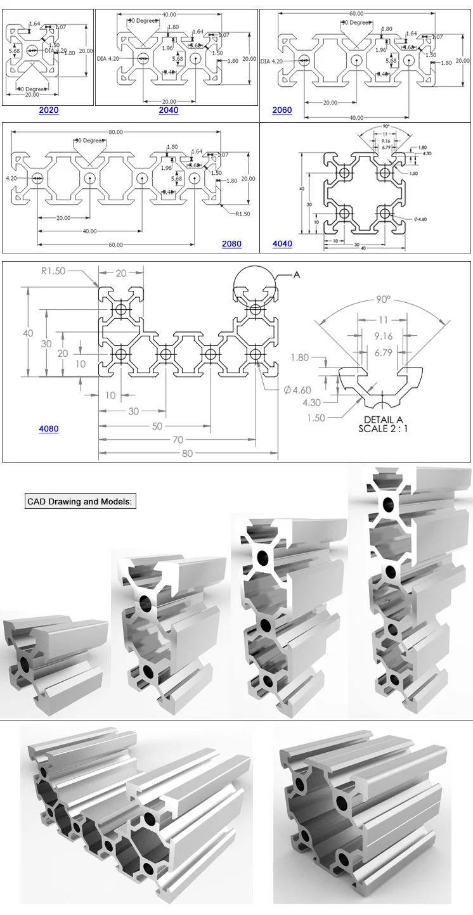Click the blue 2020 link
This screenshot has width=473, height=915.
[49, 110]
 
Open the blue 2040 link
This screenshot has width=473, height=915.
[169, 110]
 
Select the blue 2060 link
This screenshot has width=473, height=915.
[282, 110]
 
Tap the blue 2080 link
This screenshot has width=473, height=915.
[231, 244]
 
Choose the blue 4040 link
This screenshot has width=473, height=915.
[282, 244]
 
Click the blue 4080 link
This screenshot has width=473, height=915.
[49, 429]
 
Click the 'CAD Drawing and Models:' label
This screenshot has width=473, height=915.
[80, 501]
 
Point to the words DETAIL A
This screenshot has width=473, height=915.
[383, 419]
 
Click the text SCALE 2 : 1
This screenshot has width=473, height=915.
[383, 428]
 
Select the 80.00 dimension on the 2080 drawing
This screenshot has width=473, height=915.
[115, 132]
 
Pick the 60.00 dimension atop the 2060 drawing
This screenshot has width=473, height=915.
[356, 13]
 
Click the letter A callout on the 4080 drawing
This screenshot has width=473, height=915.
[296, 275]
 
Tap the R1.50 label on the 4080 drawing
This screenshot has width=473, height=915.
[54, 271]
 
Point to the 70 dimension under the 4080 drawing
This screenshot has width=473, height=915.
[177, 440]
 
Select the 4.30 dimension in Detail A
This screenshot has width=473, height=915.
[311, 402]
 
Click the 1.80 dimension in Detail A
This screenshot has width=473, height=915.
[299, 357]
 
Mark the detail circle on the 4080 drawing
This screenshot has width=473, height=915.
[255, 286]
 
